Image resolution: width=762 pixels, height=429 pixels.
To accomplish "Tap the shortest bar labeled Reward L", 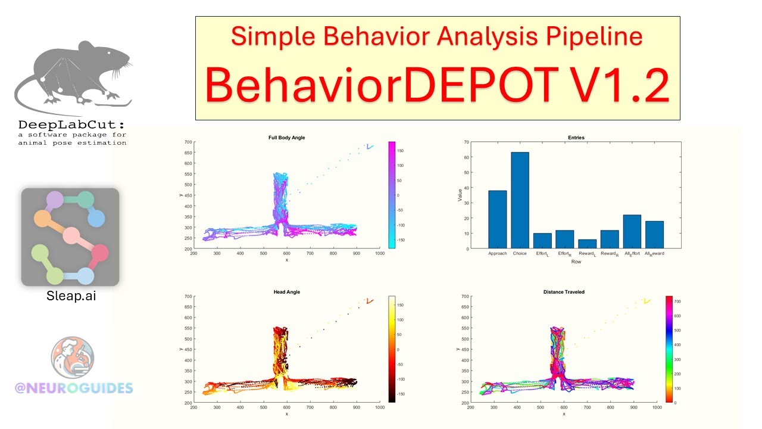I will point(588,244).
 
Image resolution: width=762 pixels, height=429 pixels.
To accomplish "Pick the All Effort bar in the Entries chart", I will point(632,232).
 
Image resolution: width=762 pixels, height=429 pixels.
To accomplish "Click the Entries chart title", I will point(576,138).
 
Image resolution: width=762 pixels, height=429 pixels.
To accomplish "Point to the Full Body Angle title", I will point(286,138).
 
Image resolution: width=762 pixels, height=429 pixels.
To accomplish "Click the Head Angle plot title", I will point(286,292).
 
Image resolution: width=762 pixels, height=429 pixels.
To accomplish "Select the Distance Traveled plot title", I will point(564,292).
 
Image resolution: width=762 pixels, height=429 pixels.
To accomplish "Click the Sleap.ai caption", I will point(71,296).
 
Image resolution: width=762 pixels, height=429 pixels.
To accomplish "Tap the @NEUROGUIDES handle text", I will point(74,388).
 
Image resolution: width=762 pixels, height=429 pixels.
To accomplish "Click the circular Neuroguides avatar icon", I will point(72,358).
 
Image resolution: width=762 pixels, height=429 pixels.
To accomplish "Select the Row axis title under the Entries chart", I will point(576,262).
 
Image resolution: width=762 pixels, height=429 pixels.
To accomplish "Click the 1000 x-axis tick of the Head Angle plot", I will point(379,408).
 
